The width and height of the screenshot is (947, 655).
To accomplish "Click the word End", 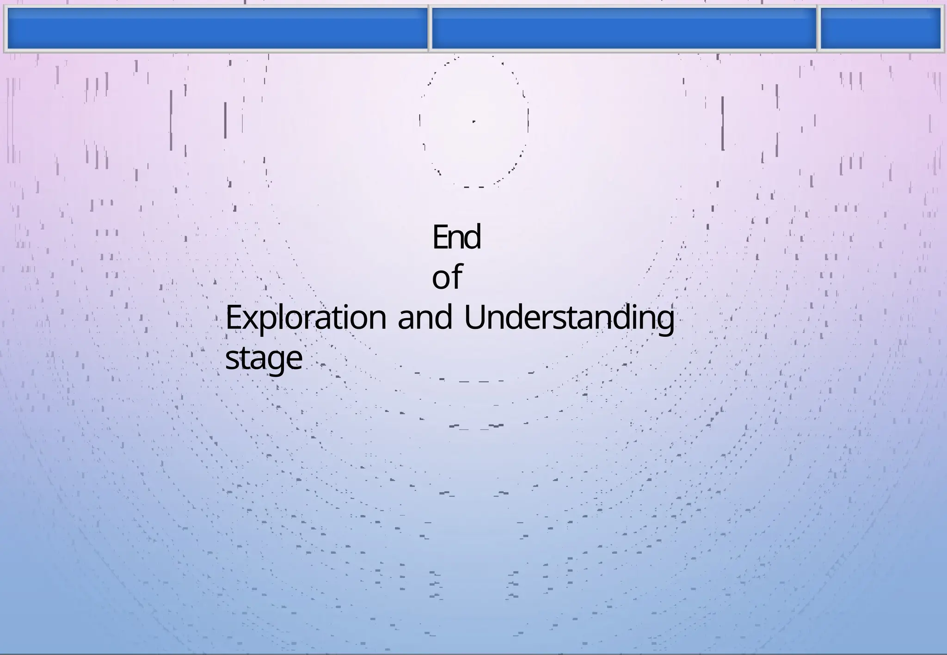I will (x=456, y=237).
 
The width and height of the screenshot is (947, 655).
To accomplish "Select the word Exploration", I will (x=306, y=319).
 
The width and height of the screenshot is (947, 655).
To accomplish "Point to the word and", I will (x=424, y=319).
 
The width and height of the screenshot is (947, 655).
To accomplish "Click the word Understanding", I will (x=569, y=319).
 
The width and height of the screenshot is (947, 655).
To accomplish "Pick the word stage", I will (x=264, y=358).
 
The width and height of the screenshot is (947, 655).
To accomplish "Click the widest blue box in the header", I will (x=217, y=28).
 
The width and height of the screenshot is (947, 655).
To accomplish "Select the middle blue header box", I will (x=623, y=28).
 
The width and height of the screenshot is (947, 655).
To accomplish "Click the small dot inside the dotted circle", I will (x=474, y=122).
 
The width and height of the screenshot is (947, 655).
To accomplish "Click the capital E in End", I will (x=439, y=237).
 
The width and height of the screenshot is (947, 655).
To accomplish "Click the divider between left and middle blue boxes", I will (x=430, y=28).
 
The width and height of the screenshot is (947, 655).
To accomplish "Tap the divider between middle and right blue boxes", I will (x=818, y=28).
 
